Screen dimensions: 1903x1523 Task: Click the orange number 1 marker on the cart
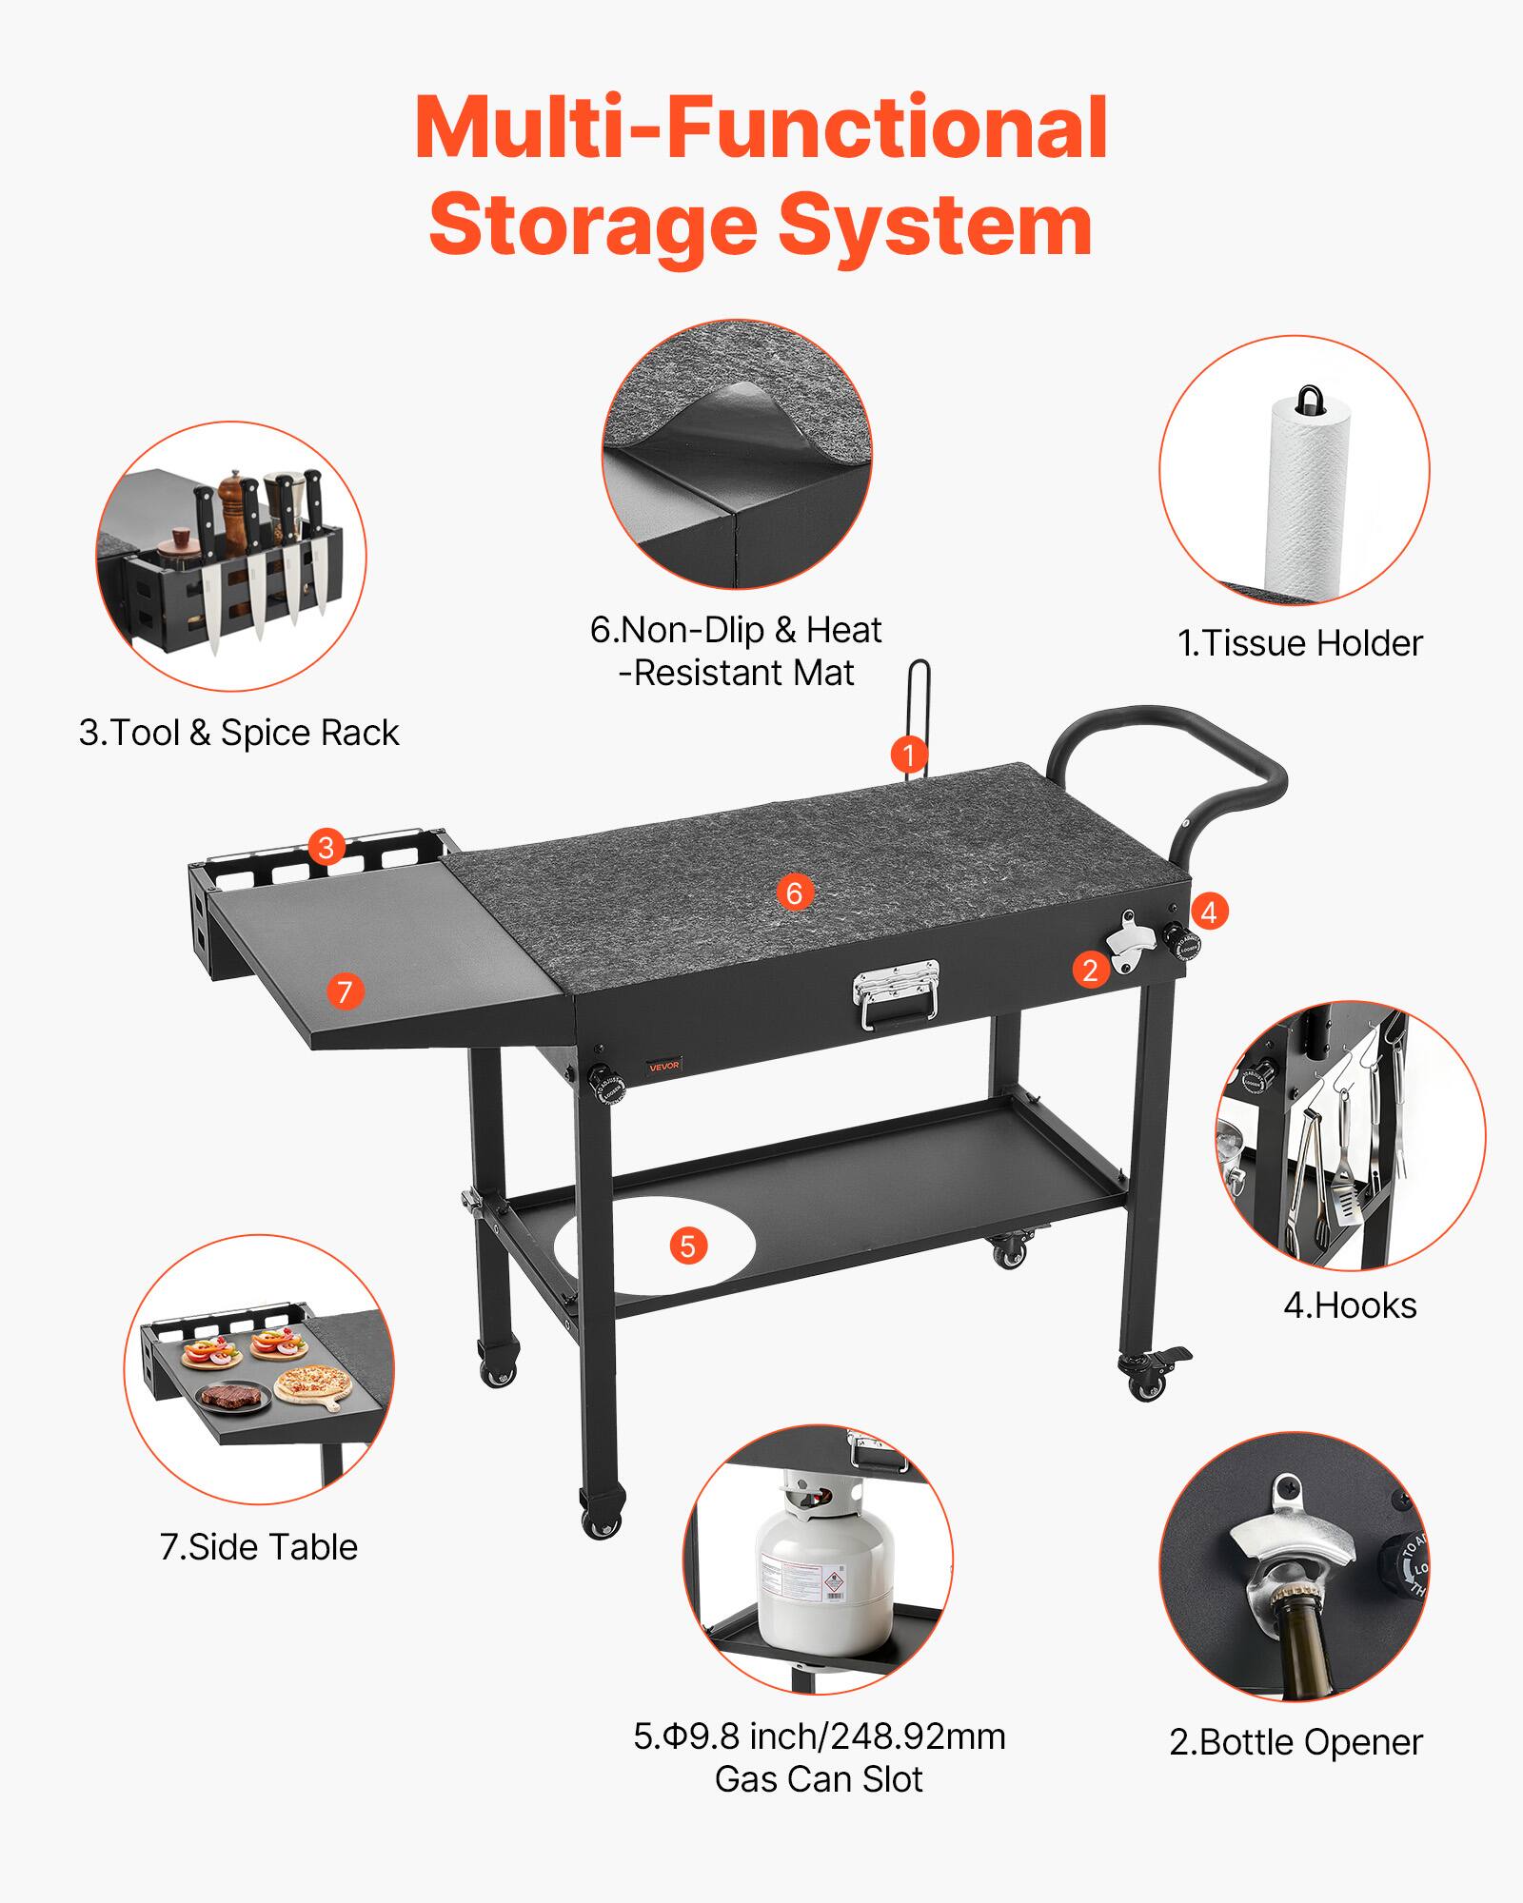[909, 755]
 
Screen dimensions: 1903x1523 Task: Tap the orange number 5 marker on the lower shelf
[687, 1246]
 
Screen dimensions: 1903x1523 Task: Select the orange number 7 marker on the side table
[345, 991]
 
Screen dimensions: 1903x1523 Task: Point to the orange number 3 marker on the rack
[326, 846]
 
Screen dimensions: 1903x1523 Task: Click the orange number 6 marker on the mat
[795, 892]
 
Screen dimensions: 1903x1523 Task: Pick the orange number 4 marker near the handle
[1208, 912]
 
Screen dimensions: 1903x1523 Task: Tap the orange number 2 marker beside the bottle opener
[1091, 970]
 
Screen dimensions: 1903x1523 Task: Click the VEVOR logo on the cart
[664, 1066]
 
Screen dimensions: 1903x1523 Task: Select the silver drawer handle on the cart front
[894, 998]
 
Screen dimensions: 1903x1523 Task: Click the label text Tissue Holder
[1299, 644]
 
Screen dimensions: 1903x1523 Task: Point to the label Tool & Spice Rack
[238, 733]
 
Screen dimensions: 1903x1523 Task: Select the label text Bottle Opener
[1296, 1742]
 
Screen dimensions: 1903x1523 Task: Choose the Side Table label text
[259, 1546]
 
